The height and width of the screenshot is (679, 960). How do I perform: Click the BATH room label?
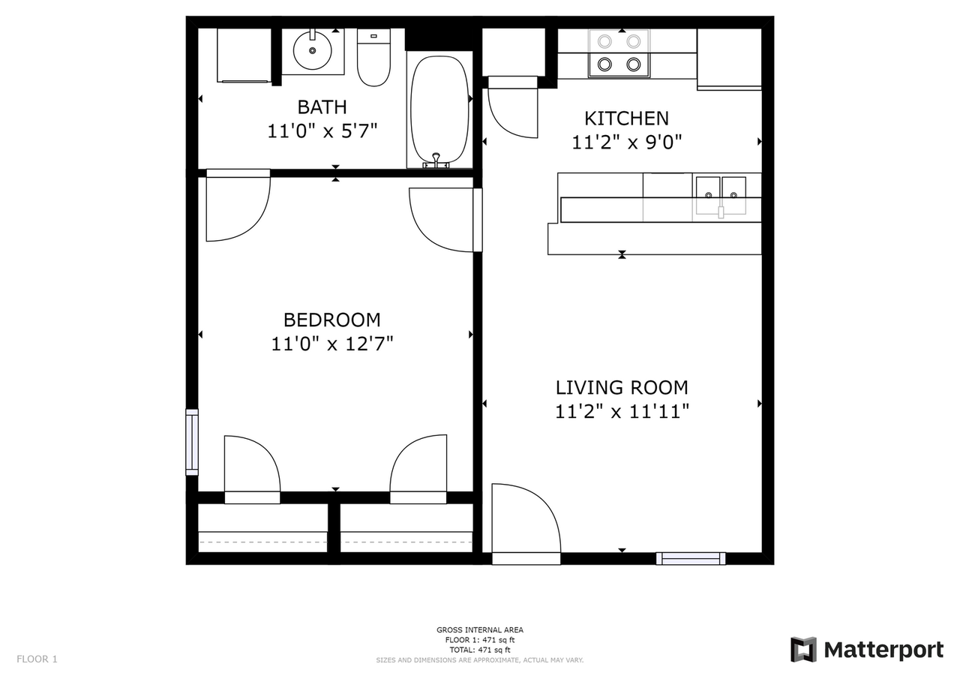click(322, 107)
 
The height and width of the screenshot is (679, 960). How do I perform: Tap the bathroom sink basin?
click(313, 52)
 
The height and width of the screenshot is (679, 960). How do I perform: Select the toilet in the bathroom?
click(373, 59)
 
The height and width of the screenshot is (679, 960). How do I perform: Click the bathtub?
click(439, 109)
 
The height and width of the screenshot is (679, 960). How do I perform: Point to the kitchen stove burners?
click(619, 53)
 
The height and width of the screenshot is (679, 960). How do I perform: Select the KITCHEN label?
click(626, 118)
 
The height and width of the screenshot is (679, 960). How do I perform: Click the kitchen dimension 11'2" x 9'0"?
click(626, 142)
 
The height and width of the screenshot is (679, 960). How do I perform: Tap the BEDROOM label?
click(331, 320)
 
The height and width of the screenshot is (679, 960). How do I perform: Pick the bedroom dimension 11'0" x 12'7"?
click(331, 344)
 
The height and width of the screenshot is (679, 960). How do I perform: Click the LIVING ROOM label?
click(622, 388)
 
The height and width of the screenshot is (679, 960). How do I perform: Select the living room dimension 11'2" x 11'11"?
click(622, 411)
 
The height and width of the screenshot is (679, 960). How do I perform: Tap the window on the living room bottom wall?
click(691, 558)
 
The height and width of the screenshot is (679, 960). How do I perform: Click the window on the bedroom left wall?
click(192, 442)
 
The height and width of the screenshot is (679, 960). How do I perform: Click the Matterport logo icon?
click(803, 649)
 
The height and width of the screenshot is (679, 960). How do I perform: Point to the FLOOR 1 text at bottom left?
click(37, 659)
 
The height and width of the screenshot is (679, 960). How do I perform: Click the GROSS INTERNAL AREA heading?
click(480, 630)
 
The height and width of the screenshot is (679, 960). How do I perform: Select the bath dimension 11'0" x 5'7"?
click(322, 131)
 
